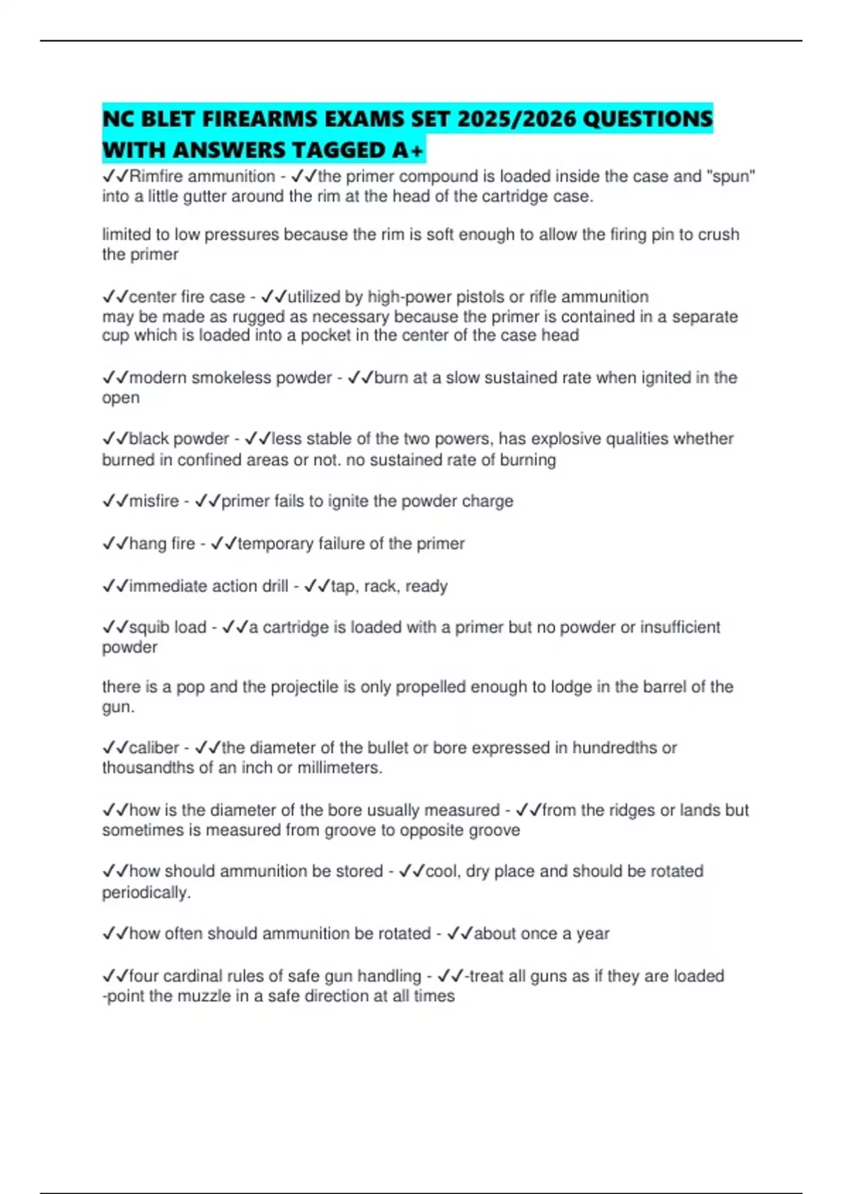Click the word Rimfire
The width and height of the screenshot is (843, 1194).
tap(156, 176)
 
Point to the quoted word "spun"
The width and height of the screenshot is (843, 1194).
tap(733, 176)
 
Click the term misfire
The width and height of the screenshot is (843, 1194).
tap(154, 501)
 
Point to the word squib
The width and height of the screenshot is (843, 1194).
tap(147, 627)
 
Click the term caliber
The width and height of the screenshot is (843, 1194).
tap(154, 748)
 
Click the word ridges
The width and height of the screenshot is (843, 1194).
tap(618, 810)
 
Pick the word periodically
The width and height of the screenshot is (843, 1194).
tap(146, 893)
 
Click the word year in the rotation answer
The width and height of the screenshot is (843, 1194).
tap(592, 934)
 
